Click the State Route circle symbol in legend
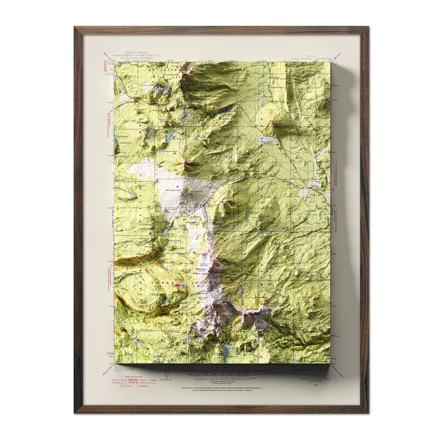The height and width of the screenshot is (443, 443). pyautogui.click(x=138, y=385)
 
